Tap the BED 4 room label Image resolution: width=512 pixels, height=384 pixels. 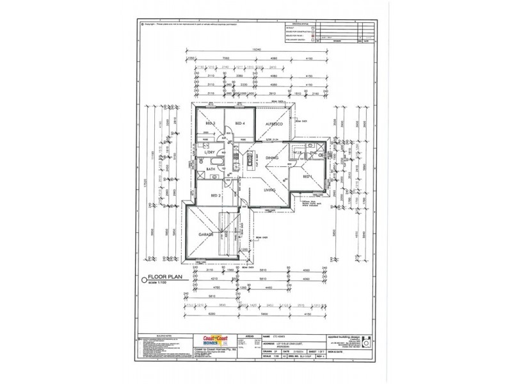click(240, 124)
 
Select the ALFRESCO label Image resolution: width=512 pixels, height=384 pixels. click(277, 124)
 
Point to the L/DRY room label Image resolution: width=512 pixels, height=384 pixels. click(209, 153)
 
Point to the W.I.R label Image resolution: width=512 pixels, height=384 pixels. click(296, 154)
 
